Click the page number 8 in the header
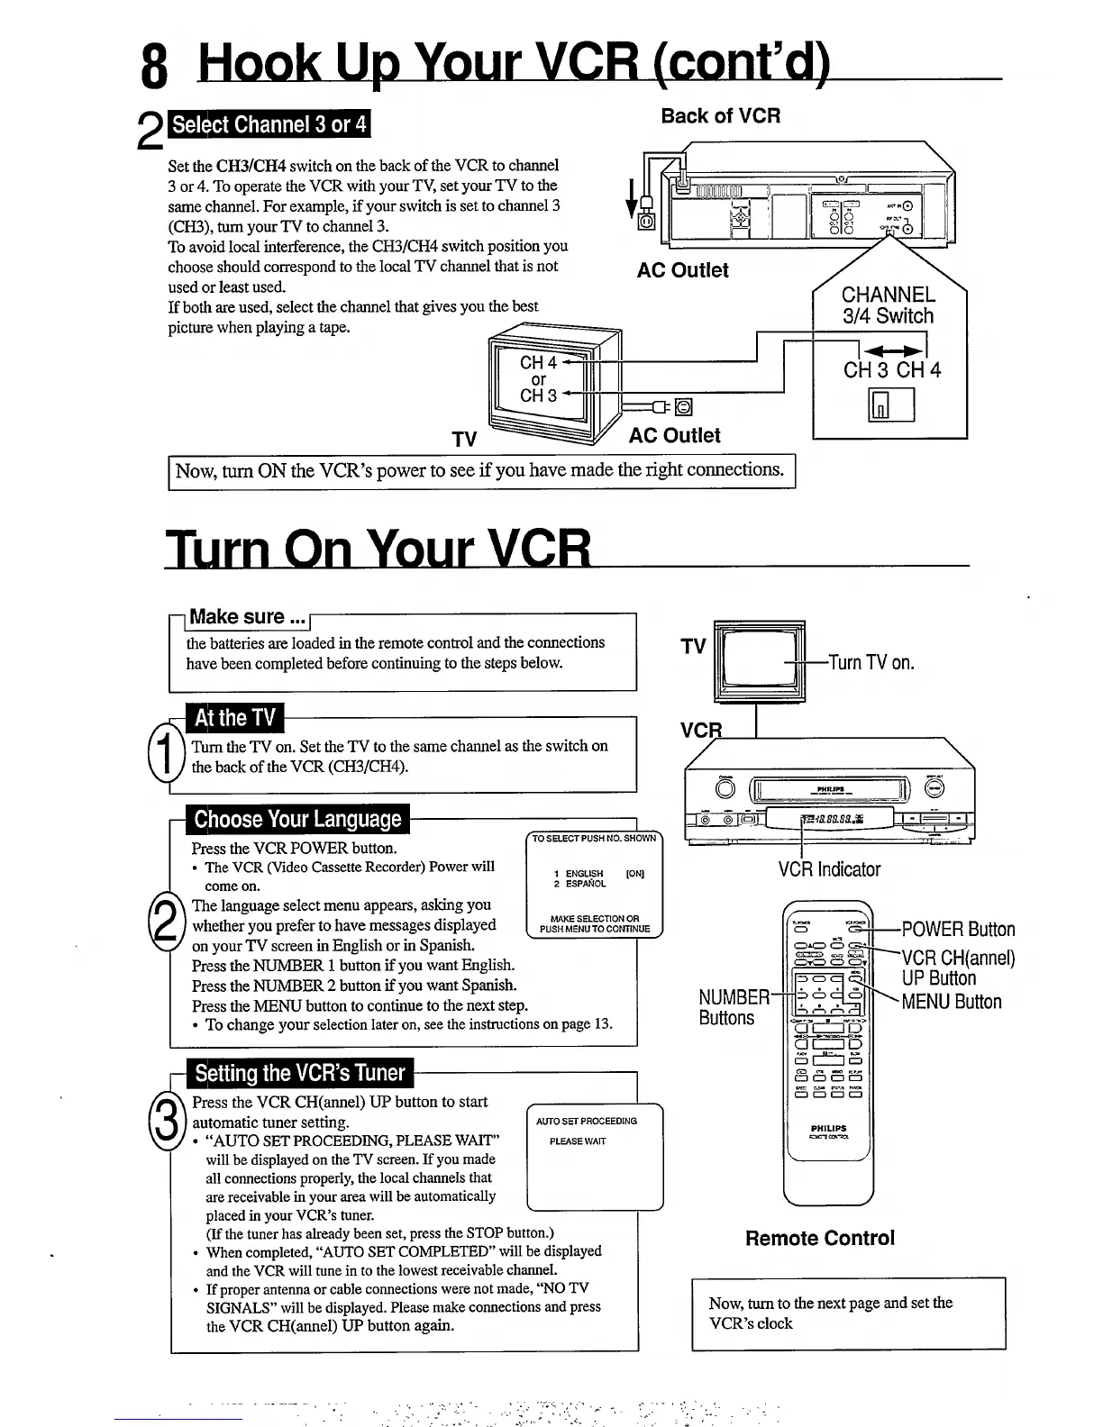[154, 67]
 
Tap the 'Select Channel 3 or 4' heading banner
[269, 124]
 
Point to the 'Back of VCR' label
[720, 115]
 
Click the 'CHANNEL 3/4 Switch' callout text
[888, 305]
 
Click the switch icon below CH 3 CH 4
[890, 404]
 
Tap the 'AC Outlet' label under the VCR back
[682, 270]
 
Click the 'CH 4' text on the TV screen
[538, 363]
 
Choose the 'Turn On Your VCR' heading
[378, 547]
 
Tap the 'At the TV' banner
[234, 718]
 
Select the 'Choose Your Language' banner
[297, 819]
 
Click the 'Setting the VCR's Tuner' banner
[300, 1073]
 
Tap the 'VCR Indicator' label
[829, 869]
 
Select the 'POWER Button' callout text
[958, 930]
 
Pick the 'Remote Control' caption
[820, 1238]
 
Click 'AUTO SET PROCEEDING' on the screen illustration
[586, 1121]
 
